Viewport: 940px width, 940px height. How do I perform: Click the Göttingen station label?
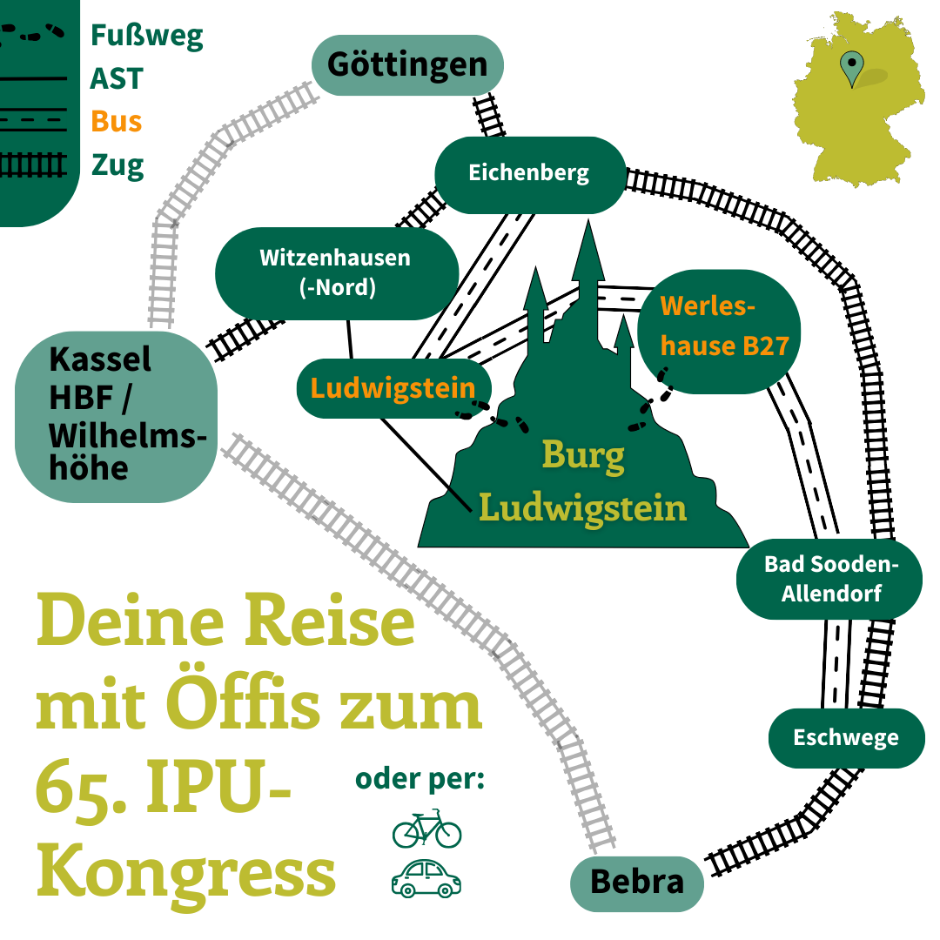click(407, 64)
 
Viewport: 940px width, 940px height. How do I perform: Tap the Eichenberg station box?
click(529, 173)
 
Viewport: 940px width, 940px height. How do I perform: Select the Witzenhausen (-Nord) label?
click(335, 272)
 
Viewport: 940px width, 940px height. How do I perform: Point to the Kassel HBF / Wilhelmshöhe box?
click(116, 415)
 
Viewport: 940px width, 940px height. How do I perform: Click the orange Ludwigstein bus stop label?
click(393, 388)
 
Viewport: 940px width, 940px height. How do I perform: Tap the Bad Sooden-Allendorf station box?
click(829, 580)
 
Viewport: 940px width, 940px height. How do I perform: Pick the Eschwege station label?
click(846, 738)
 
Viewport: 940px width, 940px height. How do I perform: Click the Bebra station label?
click(636, 883)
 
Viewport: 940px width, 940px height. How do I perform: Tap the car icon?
click(426, 878)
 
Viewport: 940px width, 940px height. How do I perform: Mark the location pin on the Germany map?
click(851, 67)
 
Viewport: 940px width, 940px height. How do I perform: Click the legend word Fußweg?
click(146, 37)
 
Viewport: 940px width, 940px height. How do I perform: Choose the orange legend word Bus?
click(116, 121)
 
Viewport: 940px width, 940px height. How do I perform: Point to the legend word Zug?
click(117, 164)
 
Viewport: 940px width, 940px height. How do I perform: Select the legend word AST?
click(116, 79)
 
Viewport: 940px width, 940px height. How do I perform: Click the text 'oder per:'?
click(420, 779)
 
